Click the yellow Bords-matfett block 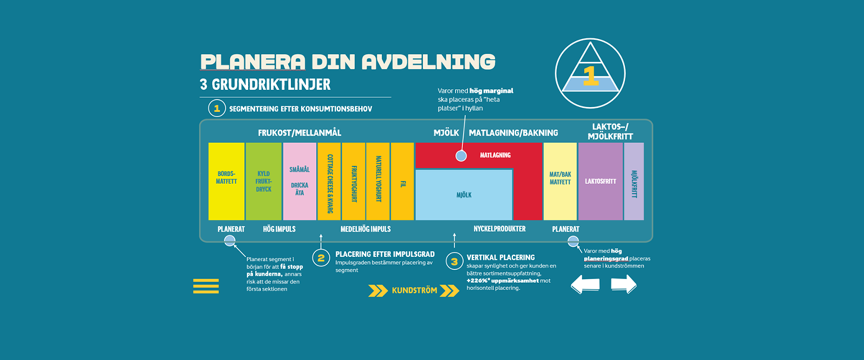[x=226, y=181]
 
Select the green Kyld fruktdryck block [x=264, y=181]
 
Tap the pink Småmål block [x=300, y=181]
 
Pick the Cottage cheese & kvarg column [x=329, y=181]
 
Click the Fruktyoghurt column [x=354, y=181]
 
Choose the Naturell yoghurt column [x=378, y=181]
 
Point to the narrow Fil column [x=402, y=181]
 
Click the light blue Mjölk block [x=464, y=195]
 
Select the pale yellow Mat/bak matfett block [x=560, y=181]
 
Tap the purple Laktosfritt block [x=600, y=181]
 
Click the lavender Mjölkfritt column [x=634, y=181]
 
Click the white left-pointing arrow [x=585, y=284]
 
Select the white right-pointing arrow [x=624, y=284]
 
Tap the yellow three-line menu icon [x=206, y=286]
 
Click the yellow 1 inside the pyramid [x=590, y=76]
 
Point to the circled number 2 [x=321, y=258]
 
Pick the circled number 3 [x=454, y=261]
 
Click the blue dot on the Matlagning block [x=461, y=156]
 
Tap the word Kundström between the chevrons [x=414, y=291]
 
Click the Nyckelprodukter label [x=499, y=229]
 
